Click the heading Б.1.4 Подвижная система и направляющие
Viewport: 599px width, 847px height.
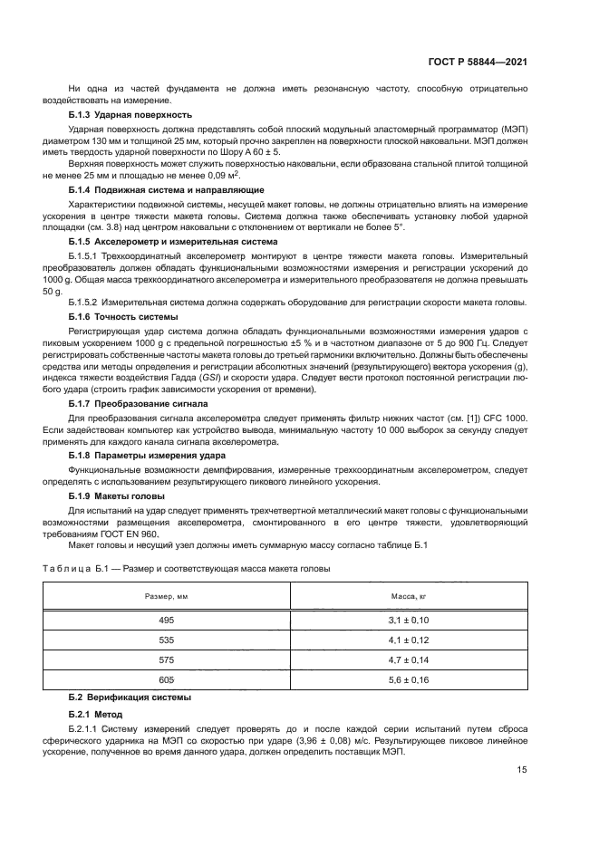166,189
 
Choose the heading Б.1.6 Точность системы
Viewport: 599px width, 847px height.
122,317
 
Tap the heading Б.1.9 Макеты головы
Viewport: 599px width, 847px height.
116,497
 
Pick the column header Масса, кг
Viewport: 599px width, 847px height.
408,597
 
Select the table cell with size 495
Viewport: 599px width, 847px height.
166,621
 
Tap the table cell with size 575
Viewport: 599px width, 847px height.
166,660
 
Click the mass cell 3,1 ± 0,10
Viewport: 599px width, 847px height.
408,621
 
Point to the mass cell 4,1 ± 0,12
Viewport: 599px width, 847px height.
408,640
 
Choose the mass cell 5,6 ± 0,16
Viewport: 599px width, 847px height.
408,680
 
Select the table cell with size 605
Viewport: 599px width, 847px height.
166,680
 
